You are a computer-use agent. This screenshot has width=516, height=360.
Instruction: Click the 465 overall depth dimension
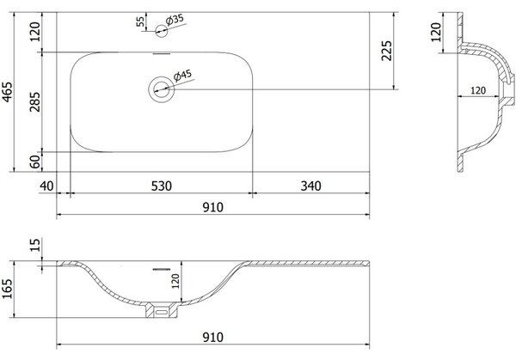pos(7,92)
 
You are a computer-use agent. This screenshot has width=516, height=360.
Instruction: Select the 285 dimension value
pos(34,102)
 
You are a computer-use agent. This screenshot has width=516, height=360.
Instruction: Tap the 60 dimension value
pos(34,162)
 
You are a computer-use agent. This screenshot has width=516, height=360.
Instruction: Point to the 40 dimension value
pos(46,186)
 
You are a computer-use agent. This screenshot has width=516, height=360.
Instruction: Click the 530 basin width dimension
pos(162,186)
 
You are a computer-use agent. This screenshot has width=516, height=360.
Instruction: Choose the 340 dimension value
pos(310,186)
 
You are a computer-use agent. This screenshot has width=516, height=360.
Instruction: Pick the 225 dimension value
pos(386,51)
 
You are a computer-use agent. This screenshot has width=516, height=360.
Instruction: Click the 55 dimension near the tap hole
pos(140,21)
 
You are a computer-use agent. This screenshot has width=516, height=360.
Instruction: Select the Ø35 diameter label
pos(175,20)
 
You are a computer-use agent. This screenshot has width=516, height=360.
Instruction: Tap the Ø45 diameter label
pos(182,76)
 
